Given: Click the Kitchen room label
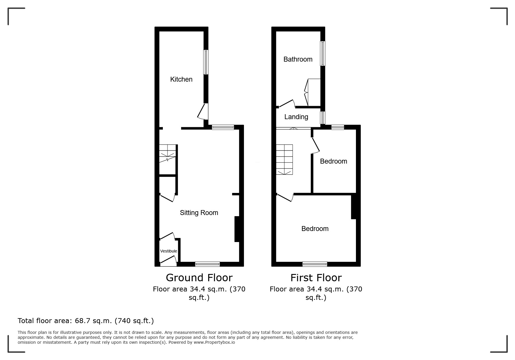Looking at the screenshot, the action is click(x=181, y=79).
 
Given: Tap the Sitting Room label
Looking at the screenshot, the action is click(x=199, y=213).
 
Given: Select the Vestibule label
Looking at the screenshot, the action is click(x=169, y=251).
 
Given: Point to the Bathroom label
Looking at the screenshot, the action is click(x=298, y=59).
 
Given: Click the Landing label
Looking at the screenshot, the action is click(x=296, y=117).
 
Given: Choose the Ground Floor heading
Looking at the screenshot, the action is click(x=199, y=278).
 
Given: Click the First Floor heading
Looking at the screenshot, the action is click(x=316, y=278).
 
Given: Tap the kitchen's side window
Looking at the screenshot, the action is click(x=206, y=62).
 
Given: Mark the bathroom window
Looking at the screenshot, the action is click(x=323, y=53).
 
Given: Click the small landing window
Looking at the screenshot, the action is click(x=323, y=118).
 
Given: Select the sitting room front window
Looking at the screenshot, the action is click(x=207, y=264).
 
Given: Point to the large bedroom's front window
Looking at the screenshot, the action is click(x=315, y=264).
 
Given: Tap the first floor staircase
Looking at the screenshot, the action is click(x=284, y=160).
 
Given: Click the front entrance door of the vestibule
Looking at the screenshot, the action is click(x=168, y=261).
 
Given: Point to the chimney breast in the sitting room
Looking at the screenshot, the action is click(x=237, y=229).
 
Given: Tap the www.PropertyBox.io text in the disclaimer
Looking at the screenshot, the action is click(x=214, y=342).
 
